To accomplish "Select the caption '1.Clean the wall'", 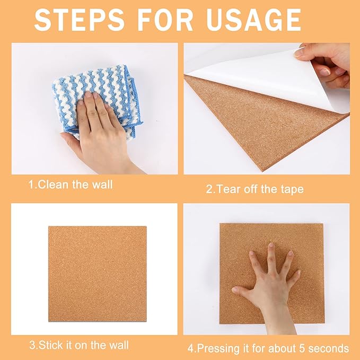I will pos(70,185).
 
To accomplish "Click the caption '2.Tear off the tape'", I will pos(254,189).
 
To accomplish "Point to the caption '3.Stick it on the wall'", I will pos(78,345).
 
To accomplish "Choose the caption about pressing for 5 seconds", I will pos(268,348).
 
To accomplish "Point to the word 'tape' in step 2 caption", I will pos(292,189).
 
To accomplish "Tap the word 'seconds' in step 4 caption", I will pos(331,348).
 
